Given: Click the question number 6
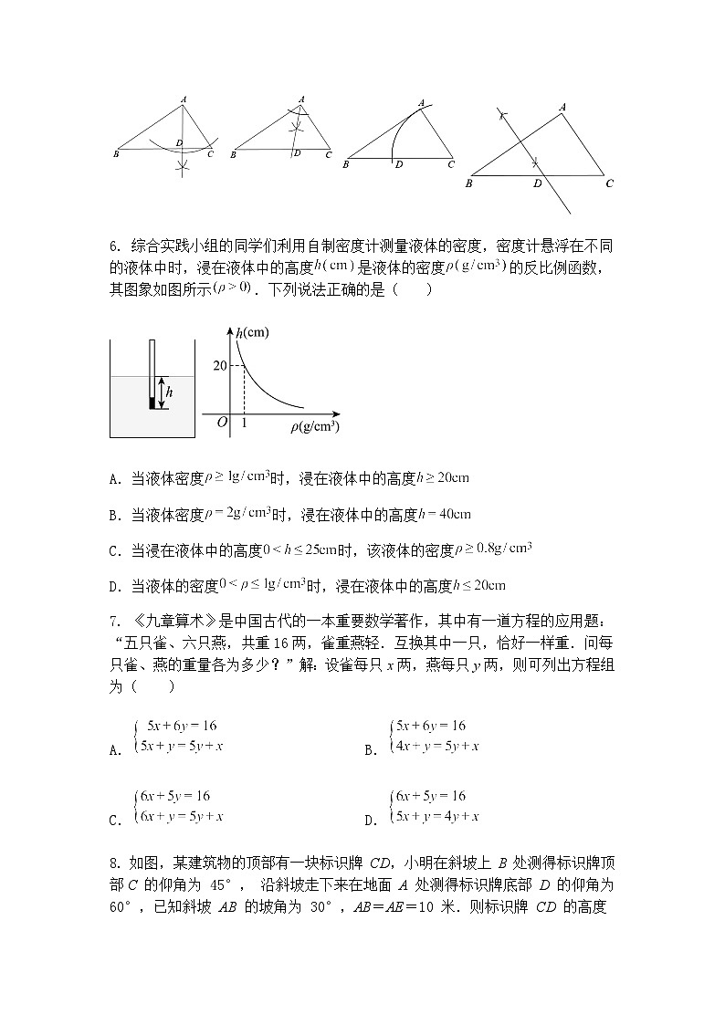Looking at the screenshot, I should (112, 246).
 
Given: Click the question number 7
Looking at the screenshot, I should (112, 622).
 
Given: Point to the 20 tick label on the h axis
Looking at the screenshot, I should (219, 365).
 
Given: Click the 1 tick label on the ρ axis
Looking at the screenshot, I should (244, 423).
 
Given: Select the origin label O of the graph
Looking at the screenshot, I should (222, 422).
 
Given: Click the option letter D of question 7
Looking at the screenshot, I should (370, 821).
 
